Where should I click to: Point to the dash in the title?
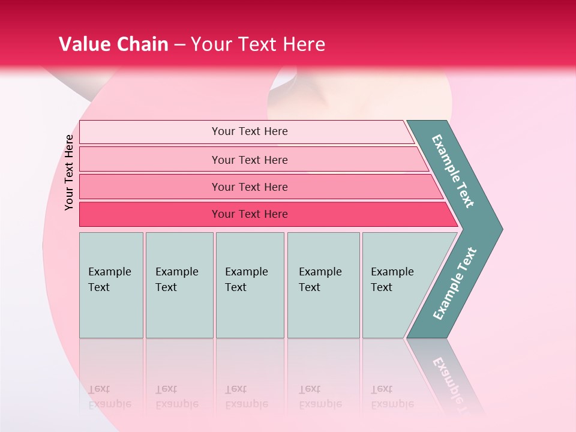pyautogui.click(x=179, y=45)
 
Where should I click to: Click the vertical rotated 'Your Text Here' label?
pyautogui.click(x=69, y=172)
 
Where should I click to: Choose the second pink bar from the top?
pyautogui.click(x=249, y=160)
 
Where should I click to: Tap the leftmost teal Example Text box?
pyautogui.click(x=111, y=285)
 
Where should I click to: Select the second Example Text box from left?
pyautogui.click(x=179, y=285)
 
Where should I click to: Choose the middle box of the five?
pyautogui.click(x=250, y=285)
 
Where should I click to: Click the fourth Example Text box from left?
pyautogui.click(x=323, y=285)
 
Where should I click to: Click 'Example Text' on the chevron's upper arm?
pyautogui.click(x=453, y=171)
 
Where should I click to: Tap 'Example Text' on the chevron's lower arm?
pyautogui.click(x=454, y=284)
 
